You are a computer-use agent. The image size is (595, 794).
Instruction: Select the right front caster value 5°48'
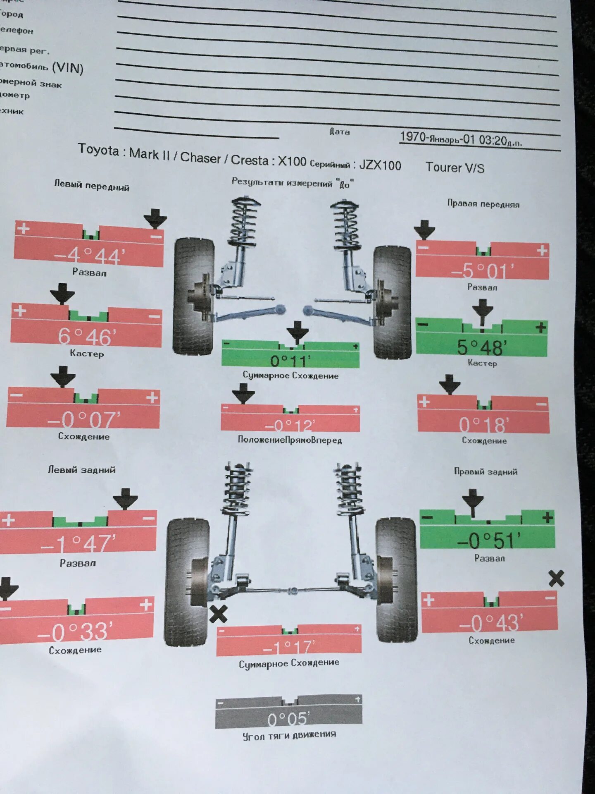click(482, 347)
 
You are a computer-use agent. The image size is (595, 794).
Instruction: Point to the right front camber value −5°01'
click(482, 271)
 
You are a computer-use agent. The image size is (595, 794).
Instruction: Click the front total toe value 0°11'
click(290, 361)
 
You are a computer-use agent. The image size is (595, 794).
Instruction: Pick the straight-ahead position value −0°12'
click(290, 425)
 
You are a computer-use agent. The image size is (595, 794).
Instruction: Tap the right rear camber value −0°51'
click(488, 540)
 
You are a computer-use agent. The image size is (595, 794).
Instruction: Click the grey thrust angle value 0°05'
click(288, 719)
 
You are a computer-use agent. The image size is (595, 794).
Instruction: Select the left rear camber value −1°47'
click(79, 543)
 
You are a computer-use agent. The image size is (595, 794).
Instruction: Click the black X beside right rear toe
click(556, 578)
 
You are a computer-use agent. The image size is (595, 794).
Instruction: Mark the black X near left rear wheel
click(218, 614)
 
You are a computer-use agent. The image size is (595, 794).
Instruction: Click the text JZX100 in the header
click(380, 165)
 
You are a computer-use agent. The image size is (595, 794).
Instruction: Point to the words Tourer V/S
click(455, 167)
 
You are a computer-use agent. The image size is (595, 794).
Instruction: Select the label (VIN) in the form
click(68, 67)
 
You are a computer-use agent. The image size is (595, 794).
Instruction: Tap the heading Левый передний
click(92, 186)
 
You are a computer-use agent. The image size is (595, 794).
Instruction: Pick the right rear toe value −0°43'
click(490, 622)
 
